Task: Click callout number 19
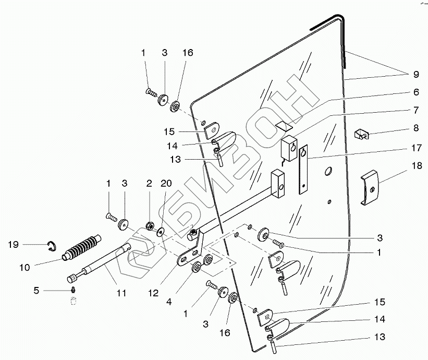click(x=13, y=244)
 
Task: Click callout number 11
click(x=121, y=293)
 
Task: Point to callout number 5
click(x=36, y=290)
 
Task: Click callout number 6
click(x=416, y=92)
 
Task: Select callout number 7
click(x=416, y=111)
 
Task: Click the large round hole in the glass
click(x=328, y=171)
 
